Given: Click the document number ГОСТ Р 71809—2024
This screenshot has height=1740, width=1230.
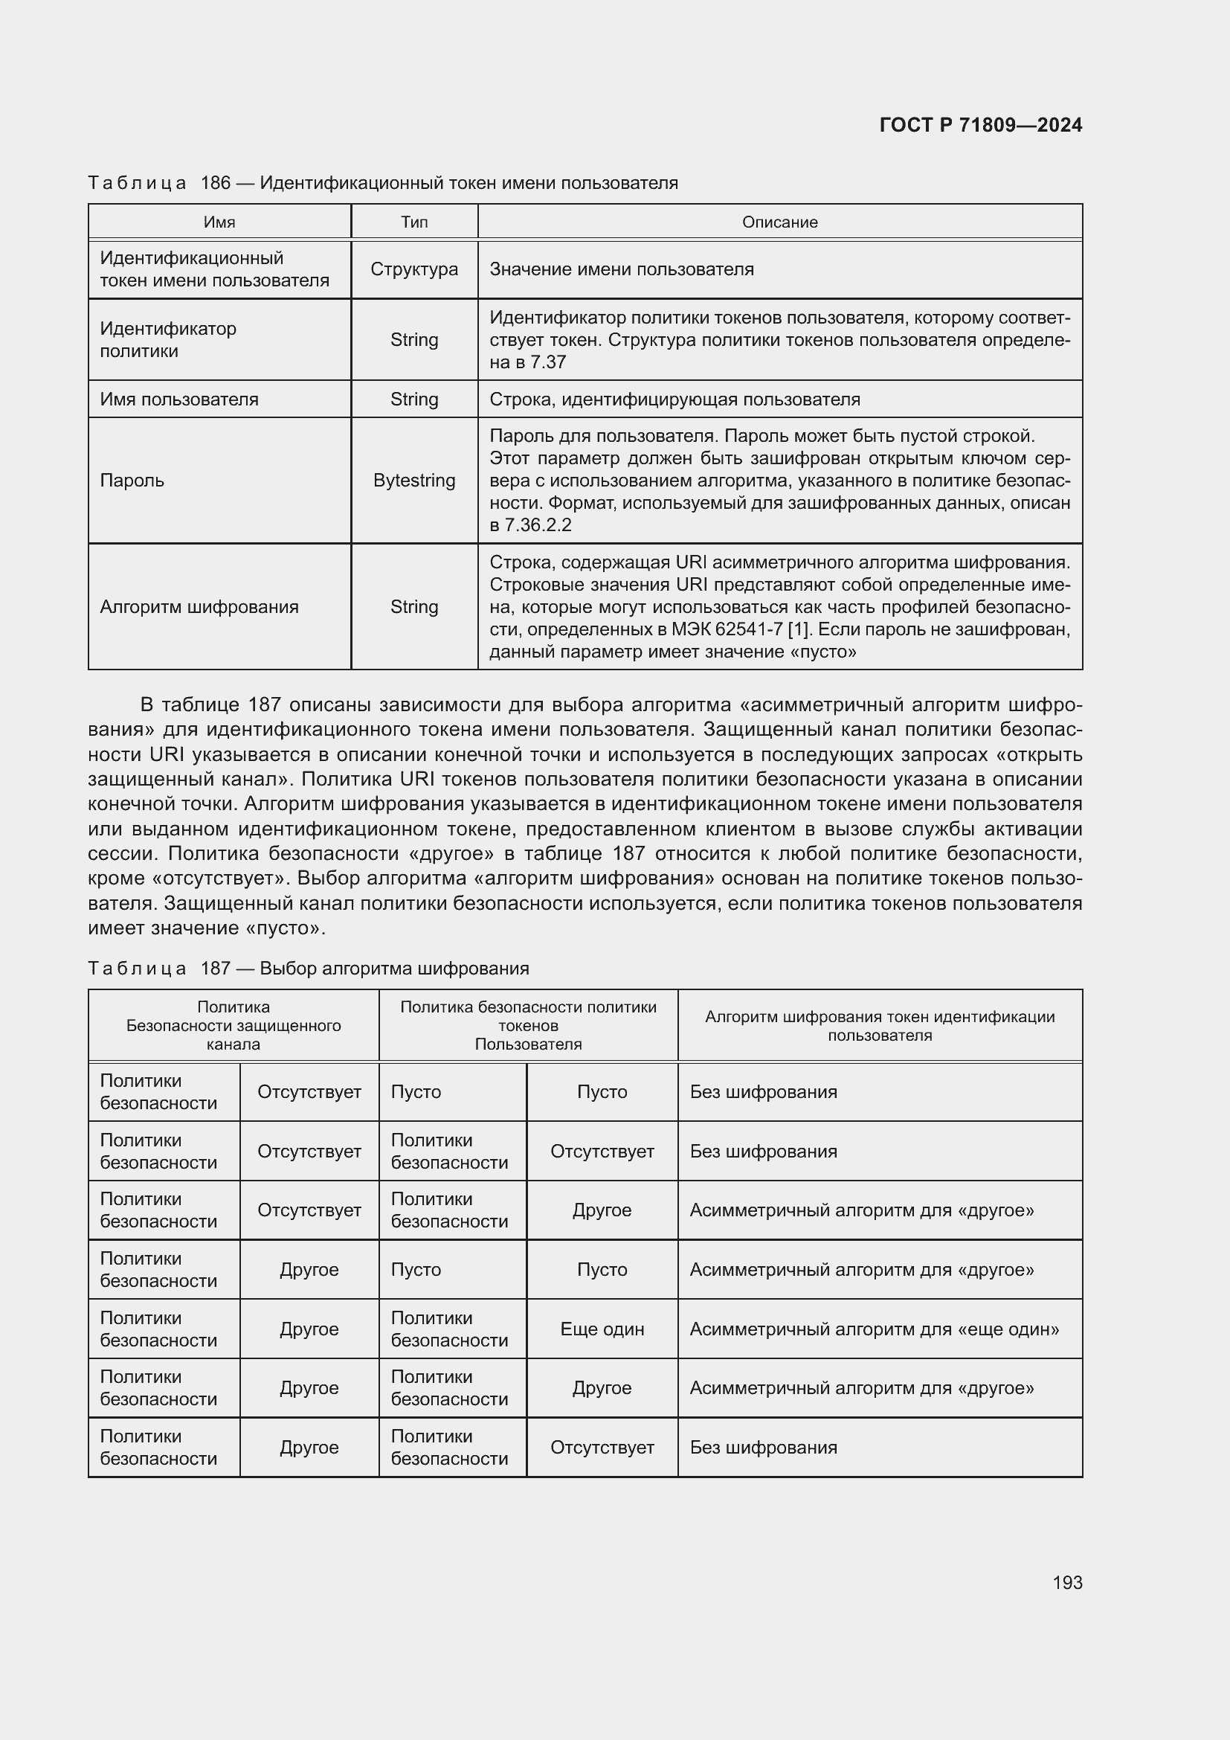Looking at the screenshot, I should click(x=980, y=125).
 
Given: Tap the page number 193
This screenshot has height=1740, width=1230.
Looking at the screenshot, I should click(x=1066, y=1582).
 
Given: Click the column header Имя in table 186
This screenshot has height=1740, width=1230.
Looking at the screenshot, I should click(x=219, y=222).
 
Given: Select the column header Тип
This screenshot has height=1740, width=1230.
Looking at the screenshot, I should click(x=413, y=222).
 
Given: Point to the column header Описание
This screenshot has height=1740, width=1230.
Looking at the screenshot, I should click(x=779, y=222).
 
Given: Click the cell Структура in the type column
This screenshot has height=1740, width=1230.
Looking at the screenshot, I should click(x=413, y=269).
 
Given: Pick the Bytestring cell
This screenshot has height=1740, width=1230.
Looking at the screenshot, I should click(x=413, y=481).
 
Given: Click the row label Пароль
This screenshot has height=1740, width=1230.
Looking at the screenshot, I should click(x=132, y=481).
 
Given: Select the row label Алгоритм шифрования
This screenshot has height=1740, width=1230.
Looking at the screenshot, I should click(x=199, y=606).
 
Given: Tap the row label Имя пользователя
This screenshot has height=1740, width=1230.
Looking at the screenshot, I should click(x=178, y=399).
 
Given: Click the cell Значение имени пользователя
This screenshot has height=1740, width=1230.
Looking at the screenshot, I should click(x=621, y=269).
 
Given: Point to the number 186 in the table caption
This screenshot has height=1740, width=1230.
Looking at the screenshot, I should click(x=215, y=183).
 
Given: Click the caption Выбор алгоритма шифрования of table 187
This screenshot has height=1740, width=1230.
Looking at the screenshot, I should click(x=394, y=968).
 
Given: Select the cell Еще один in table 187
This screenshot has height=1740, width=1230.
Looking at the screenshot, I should click(x=602, y=1329).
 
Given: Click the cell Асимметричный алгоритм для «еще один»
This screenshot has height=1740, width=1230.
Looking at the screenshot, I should click(x=873, y=1329).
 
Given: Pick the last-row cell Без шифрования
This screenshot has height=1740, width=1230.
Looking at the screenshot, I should click(x=763, y=1447).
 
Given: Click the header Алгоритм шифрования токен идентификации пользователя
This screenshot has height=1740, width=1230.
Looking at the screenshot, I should click(x=879, y=1025).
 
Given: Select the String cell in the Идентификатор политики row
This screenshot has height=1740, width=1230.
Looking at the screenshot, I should click(x=413, y=339).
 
